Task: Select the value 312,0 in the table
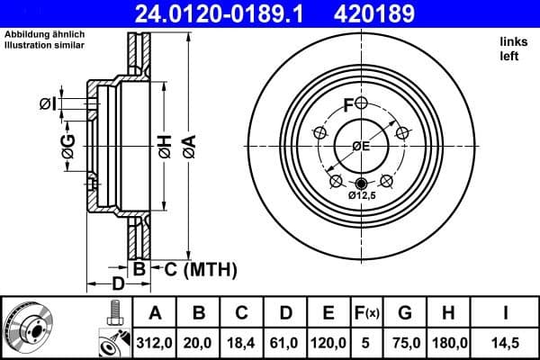pos(155,342)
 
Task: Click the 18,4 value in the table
pos(242,342)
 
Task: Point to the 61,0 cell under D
pos(285,342)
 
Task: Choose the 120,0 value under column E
pos(328,342)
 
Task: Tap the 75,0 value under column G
pos(405,342)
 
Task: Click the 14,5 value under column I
pos(507,342)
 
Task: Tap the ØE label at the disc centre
pos(361,147)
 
